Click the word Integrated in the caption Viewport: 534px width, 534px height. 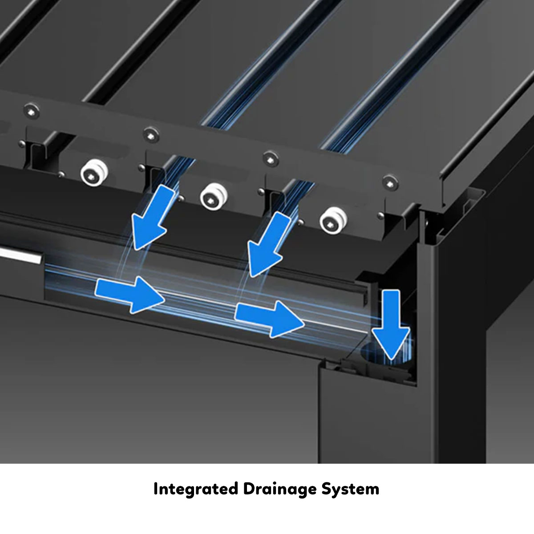196,489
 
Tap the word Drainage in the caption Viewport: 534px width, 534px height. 279,489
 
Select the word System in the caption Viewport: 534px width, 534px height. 350,489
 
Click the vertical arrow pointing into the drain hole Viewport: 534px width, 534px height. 391,325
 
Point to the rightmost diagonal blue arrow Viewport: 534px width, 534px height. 267,244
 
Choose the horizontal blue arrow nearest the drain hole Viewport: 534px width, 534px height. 269,319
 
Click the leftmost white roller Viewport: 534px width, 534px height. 94,172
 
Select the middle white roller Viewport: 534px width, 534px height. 214,197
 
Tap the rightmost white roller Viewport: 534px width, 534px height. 333,221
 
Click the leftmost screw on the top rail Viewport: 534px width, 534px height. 31,111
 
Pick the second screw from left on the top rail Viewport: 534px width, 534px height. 151,135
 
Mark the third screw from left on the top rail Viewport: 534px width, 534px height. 271,159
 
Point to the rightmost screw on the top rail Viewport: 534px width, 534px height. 390,183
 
